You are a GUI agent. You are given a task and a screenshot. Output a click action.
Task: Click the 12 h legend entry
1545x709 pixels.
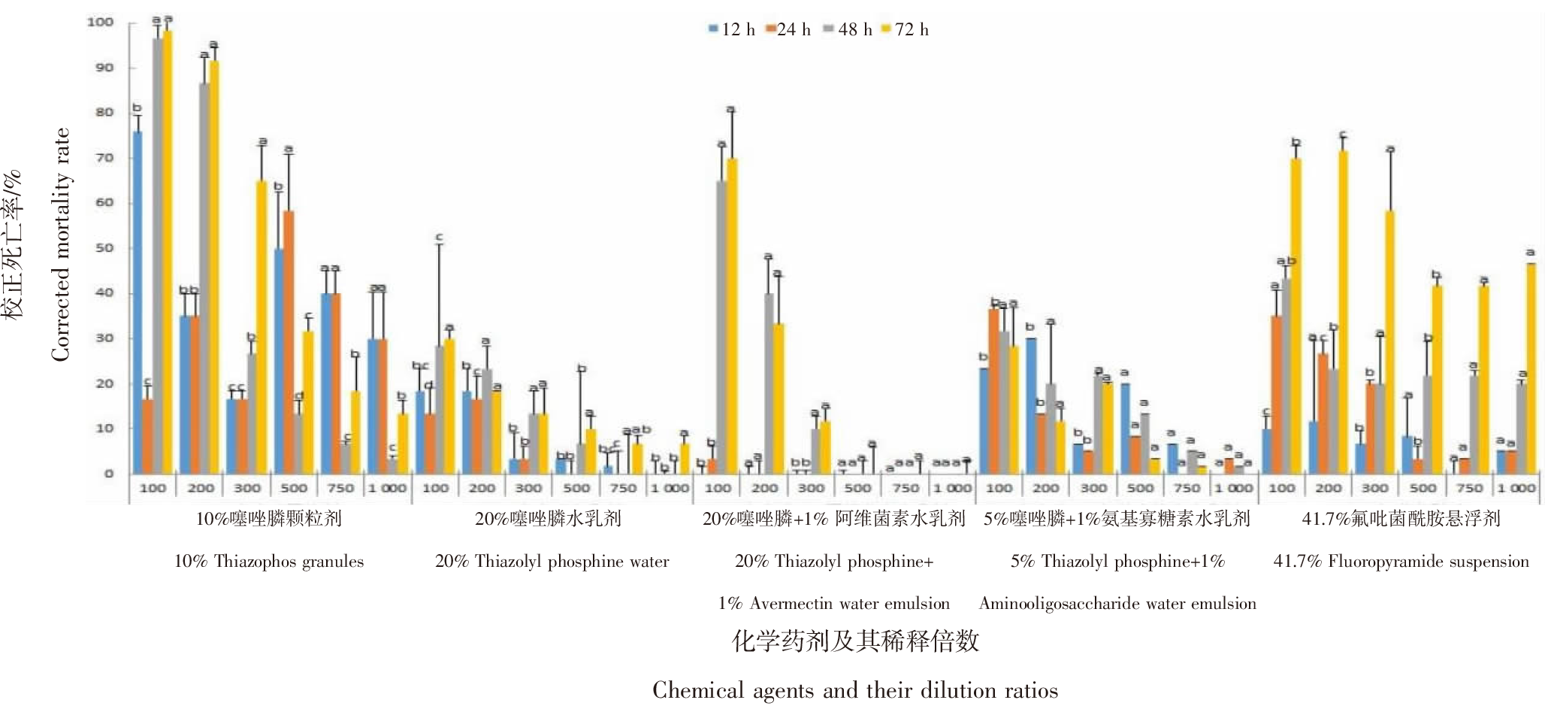point(731,29)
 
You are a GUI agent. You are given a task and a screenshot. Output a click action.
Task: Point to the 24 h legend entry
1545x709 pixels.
point(788,29)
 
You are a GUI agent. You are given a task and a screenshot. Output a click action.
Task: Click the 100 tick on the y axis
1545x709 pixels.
point(100,22)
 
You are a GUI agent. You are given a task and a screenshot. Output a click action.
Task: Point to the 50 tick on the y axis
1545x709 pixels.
point(104,247)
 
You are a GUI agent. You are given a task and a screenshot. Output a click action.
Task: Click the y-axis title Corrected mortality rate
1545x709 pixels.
point(60,244)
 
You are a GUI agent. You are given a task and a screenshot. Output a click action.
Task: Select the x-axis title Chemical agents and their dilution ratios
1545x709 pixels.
point(854,689)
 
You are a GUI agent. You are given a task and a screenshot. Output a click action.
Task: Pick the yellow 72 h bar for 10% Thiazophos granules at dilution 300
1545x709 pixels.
point(261,327)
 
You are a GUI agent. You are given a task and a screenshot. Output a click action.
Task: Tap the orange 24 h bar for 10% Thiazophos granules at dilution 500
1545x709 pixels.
point(289,342)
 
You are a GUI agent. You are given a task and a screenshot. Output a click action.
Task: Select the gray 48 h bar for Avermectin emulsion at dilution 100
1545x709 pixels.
point(721,327)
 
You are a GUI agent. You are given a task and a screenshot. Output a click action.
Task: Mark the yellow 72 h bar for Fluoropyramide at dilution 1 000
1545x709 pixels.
point(1531,368)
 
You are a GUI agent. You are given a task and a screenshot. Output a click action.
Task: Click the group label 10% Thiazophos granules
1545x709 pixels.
point(268,561)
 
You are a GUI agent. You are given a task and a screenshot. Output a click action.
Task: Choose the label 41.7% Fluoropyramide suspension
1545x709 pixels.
point(1401,561)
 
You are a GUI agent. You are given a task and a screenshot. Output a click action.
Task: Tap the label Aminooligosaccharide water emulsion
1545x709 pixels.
point(1117,603)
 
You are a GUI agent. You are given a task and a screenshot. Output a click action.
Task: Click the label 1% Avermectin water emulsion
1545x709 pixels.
point(833,603)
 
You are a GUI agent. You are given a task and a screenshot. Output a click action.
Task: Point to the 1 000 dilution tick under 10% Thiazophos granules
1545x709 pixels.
point(387,488)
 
